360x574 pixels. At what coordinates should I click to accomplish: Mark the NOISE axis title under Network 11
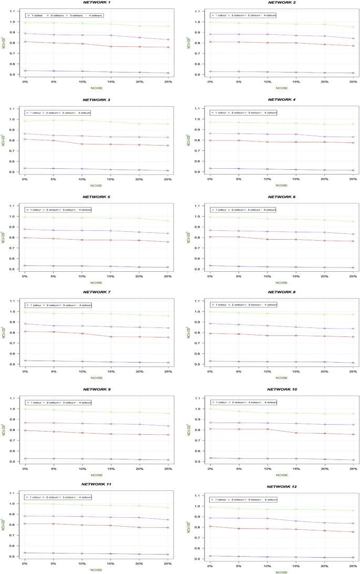[97, 570]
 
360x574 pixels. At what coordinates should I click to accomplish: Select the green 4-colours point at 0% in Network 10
[210, 409]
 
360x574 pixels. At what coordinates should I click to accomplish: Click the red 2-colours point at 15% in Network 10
[296, 433]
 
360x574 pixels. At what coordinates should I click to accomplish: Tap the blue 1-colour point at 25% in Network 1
[168, 73]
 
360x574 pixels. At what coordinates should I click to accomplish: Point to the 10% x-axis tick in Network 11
[82, 565]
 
